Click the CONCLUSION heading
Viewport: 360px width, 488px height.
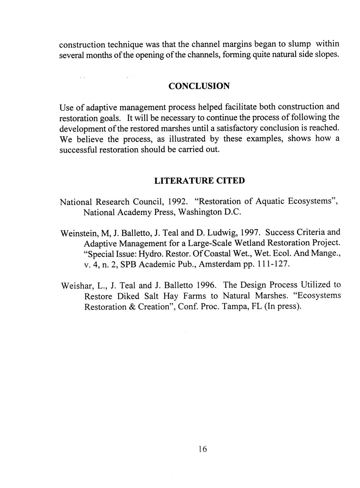[199, 86]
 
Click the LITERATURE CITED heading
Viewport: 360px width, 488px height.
[199, 181]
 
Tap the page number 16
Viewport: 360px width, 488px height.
[202, 449]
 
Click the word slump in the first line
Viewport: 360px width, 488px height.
[299, 44]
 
